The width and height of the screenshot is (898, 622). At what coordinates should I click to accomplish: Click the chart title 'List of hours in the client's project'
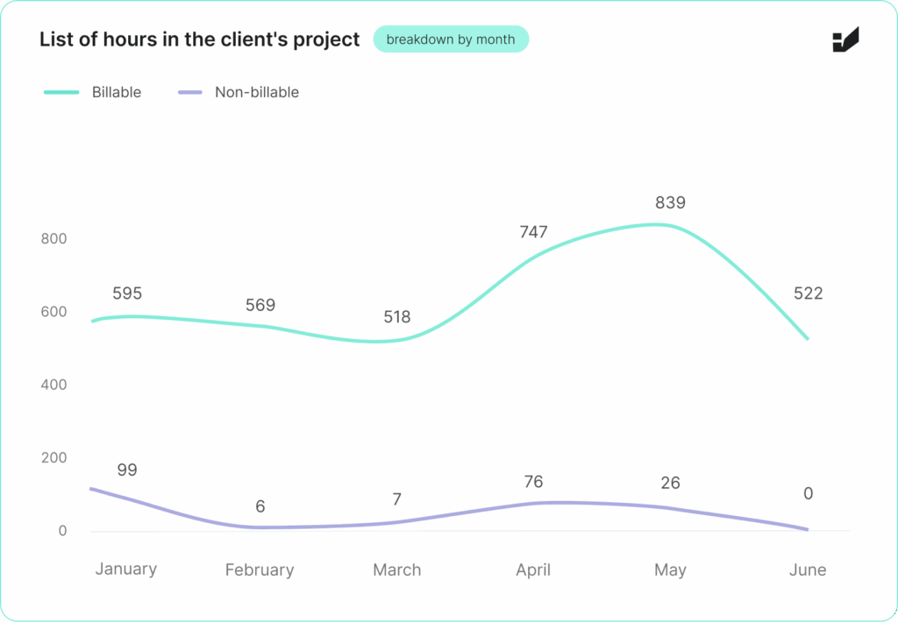click(199, 39)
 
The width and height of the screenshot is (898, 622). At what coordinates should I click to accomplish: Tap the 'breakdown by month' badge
click(451, 39)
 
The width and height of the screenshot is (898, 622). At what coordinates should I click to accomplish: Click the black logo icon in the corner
click(845, 40)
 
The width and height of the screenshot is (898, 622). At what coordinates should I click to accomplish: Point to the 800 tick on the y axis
click(54, 239)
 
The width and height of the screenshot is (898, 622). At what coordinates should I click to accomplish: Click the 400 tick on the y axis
click(54, 385)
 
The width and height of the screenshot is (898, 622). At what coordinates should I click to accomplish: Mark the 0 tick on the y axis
click(62, 531)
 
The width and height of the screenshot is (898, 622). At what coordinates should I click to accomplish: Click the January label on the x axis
click(126, 569)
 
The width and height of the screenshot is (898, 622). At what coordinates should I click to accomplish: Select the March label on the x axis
click(397, 570)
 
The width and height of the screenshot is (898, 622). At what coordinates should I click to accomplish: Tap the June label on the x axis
click(808, 570)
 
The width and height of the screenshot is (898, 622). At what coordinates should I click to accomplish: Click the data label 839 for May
click(670, 202)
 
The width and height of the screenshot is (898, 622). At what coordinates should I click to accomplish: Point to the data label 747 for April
click(533, 232)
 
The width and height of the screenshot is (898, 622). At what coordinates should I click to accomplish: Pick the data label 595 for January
click(127, 293)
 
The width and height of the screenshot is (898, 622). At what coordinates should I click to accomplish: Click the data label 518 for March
click(397, 317)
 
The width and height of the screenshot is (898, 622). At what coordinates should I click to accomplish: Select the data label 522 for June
click(808, 293)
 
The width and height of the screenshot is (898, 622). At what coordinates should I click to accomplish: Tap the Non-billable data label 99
click(127, 470)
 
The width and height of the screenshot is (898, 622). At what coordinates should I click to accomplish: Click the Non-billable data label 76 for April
click(533, 482)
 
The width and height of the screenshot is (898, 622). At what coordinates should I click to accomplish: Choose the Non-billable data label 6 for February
click(260, 506)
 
